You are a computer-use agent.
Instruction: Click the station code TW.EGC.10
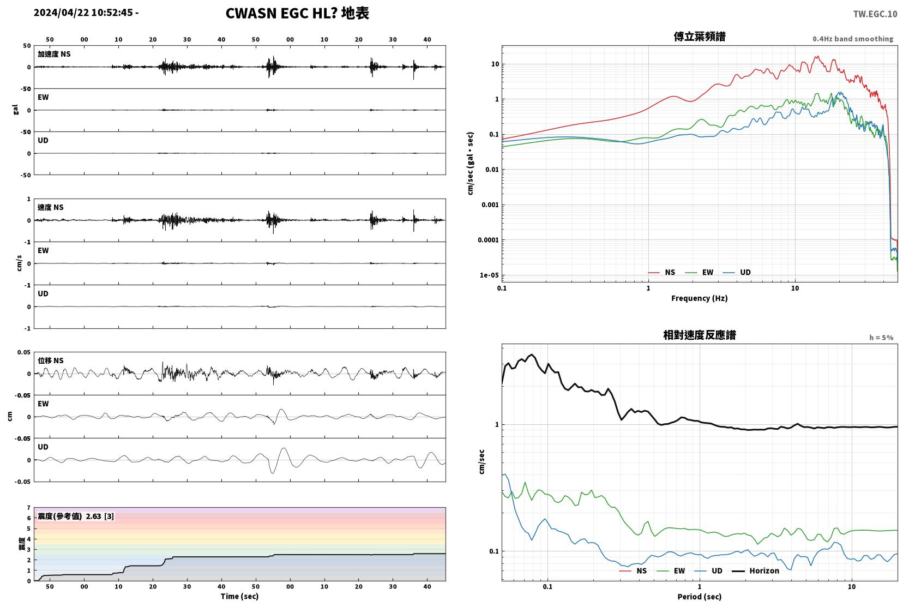875,14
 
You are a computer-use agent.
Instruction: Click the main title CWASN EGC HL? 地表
297,13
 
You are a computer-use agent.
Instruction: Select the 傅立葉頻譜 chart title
700,37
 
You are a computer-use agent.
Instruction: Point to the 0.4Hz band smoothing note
853,39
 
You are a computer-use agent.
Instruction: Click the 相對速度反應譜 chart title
700,335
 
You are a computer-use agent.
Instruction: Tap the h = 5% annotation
881,338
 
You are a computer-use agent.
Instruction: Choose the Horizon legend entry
755,570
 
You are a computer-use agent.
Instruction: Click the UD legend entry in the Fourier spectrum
737,273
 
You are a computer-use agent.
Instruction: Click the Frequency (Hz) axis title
699,298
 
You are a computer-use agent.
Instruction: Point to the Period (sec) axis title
699,597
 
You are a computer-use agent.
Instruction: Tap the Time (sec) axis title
239,596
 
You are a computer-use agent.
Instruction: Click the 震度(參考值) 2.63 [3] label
76,516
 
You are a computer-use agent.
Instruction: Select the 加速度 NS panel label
54,54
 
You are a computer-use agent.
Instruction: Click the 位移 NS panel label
50,360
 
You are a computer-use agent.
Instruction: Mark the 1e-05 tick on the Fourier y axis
489,275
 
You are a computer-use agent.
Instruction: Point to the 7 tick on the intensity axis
28,508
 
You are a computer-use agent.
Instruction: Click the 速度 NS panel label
50,207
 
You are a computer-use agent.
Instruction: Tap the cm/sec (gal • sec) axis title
471,164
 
